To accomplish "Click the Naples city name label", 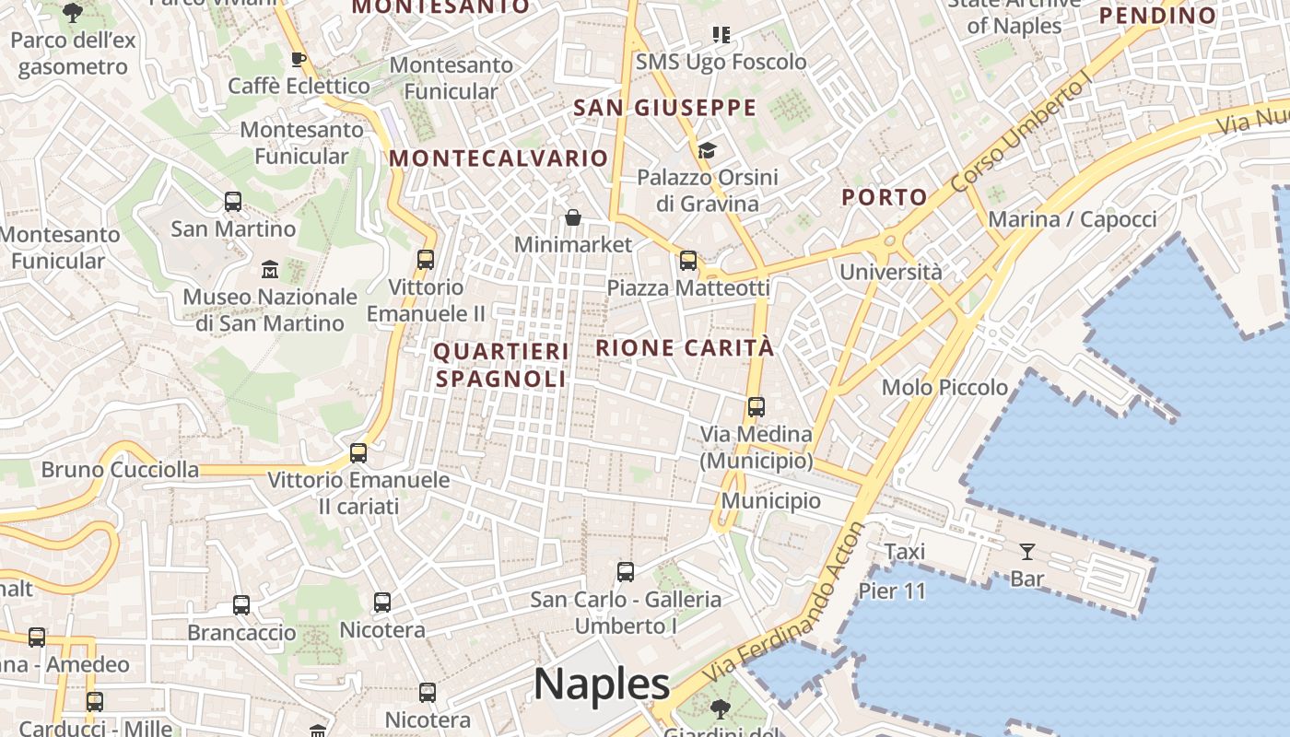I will pyautogui.click(x=602, y=684).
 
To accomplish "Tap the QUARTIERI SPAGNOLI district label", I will pyautogui.click(x=501, y=365).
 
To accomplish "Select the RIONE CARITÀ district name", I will pyautogui.click(x=685, y=348).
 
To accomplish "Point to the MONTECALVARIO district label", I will pyautogui.click(x=498, y=158).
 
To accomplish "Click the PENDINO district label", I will pyautogui.click(x=1158, y=16).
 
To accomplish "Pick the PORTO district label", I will pyautogui.click(x=885, y=197).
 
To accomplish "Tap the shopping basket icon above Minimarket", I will pyautogui.click(x=573, y=217).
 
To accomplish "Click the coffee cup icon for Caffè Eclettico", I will pyautogui.click(x=298, y=60).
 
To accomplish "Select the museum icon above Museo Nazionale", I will pyautogui.click(x=270, y=269).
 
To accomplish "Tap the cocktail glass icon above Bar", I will pyautogui.click(x=1027, y=552).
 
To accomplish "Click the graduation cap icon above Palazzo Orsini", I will pyautogui.click(x=707, y=150).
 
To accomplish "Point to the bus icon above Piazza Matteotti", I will pyautogui.click(x=688, y=261).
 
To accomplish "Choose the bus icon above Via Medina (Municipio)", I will pyautogui.click(x=756, y=406).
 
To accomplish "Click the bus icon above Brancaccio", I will pyautogui.click(x=241, y=605).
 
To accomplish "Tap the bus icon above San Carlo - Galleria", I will pyautogui.click(x=626, y=572).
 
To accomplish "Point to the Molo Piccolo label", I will pyautogui.click(x=944, y=388).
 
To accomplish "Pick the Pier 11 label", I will pyautogui.click(x=892, y=591).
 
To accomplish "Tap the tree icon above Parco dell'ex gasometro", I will pyautogui.click(x=73, y=13).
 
